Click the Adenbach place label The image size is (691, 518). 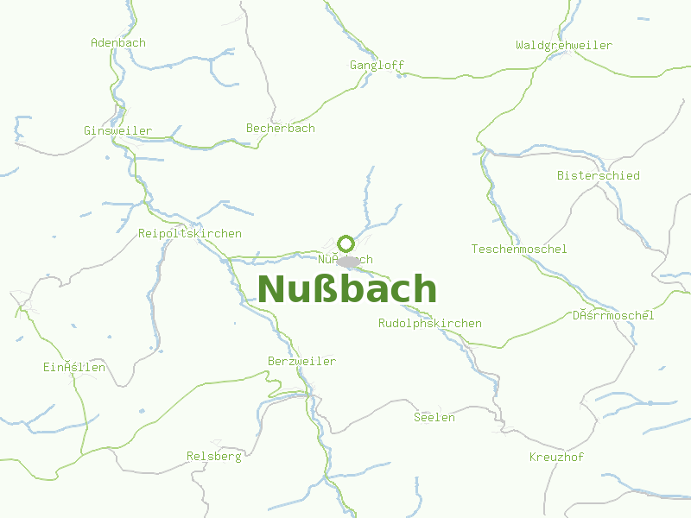point(118,42)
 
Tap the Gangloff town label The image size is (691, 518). point(377,65)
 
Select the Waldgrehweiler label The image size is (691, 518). point(564,45)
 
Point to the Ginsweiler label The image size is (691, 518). point(117,130)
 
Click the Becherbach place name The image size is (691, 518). point(281,128)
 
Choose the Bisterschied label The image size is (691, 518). point(599,175)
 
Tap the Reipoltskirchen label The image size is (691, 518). point(190,233)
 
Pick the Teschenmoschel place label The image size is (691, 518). point(519,249)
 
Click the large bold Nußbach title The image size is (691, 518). point(347,289)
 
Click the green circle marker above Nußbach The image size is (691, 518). point(346,243)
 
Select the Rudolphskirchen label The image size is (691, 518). point(430,323)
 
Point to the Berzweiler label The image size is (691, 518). point(302,361)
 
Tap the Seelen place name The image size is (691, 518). point(434,417)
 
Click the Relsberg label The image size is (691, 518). point(214,456)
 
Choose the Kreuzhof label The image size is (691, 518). point(557,456)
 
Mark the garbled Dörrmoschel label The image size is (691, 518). point(613,315)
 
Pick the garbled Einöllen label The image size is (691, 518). point(74,367)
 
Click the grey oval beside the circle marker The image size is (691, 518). point(348,261)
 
